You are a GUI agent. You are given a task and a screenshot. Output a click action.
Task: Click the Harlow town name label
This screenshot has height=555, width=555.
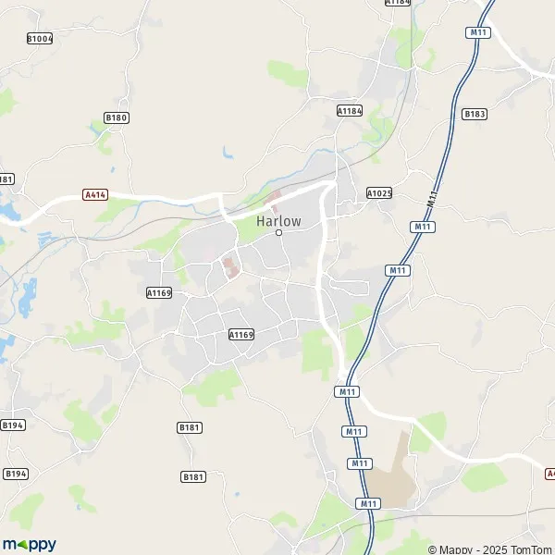(278, 220)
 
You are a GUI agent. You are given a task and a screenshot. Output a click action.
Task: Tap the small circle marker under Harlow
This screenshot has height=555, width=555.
(278, 232)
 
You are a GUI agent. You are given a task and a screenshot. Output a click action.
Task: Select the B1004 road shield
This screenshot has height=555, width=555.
(40, 39)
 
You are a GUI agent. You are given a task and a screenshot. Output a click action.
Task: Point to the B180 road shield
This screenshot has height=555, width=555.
(116, 117)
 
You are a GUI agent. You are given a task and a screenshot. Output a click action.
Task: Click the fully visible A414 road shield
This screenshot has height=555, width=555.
(94, 195)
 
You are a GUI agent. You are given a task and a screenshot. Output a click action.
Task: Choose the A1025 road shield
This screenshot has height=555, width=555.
(379, 193)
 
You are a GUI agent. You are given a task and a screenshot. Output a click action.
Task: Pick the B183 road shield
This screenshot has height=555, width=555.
(474, 114)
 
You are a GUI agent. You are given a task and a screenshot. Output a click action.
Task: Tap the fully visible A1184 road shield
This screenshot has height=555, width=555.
(349, 110)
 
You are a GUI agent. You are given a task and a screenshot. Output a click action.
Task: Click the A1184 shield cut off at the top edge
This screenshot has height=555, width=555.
(397, 3)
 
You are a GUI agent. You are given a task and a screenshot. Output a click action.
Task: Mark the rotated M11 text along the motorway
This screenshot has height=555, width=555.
(433, 192)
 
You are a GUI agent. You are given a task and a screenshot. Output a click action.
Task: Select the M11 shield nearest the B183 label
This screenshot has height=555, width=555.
(476, 32)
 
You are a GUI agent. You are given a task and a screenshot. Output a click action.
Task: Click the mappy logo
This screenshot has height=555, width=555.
(30, 544)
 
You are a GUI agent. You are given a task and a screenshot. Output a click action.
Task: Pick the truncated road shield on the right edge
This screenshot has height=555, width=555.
(550, 473)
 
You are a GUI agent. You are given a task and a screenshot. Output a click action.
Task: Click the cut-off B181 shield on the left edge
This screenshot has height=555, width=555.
(6, 179)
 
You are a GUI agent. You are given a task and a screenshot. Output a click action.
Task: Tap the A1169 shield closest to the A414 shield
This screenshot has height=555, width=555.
(159, 292)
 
